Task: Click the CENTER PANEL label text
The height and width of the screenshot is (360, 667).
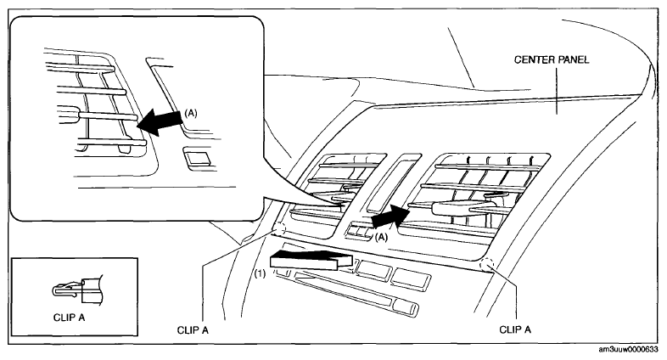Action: click(x=552, y=59)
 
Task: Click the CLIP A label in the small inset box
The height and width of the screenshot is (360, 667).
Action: click(x=70, y=318)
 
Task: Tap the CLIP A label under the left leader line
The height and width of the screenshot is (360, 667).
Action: click(x=193, y=330)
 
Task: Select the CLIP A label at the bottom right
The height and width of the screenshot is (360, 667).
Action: click(x=515, y=329)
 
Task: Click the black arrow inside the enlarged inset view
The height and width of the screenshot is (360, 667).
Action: click(x=160, y=121)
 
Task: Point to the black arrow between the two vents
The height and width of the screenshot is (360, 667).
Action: click(x=390, y=217)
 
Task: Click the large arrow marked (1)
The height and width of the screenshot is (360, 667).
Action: click(x=311, y=260)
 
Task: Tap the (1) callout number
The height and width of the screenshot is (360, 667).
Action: click(x=260, y=273)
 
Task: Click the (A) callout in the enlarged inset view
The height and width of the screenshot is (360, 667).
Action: click(x=191, y=113)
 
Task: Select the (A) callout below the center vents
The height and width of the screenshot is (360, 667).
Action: click(x=381, y=237)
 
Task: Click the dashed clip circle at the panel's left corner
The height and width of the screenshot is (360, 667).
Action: click(x=279, y=229)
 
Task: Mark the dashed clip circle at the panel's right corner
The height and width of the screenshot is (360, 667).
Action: click(x=486, y=266)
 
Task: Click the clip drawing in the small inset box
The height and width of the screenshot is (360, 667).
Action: click(x=78, y=290)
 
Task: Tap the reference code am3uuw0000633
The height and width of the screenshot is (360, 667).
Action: click(x=628, y=349)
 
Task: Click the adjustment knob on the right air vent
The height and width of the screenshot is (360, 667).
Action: click(x=452, y=208)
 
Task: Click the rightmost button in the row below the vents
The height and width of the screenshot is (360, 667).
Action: click(x=412, y=278)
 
